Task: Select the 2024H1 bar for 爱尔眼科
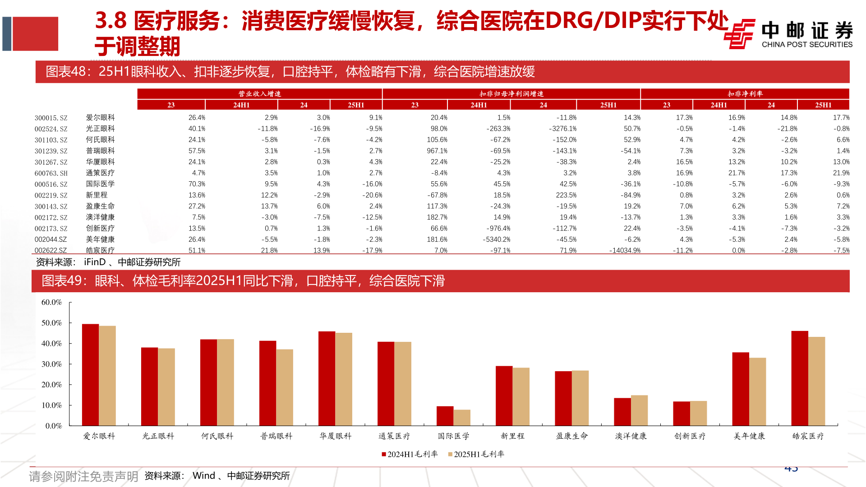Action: (x=90, y=374)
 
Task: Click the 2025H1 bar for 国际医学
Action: (x=462, y=418)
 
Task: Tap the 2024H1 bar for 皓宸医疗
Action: (x=799, y=378)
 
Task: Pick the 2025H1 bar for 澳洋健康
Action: (x=639, y=410)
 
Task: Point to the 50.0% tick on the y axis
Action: (x=51, y=323)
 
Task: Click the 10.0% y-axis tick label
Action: (x=51, y=405)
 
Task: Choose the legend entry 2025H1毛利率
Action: (x=476, y=454)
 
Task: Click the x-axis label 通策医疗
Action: (x=394, y=436)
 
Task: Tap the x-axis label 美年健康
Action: (x=749, y=436)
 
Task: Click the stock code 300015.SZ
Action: (x=51, y=118)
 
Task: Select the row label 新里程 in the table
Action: (x=97, y=195)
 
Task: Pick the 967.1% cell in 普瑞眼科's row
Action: (x=437, y=151)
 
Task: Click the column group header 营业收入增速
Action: (x=259, y=94)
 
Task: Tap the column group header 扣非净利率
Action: (x=745, y=94)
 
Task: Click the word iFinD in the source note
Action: (x=95, y=262)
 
